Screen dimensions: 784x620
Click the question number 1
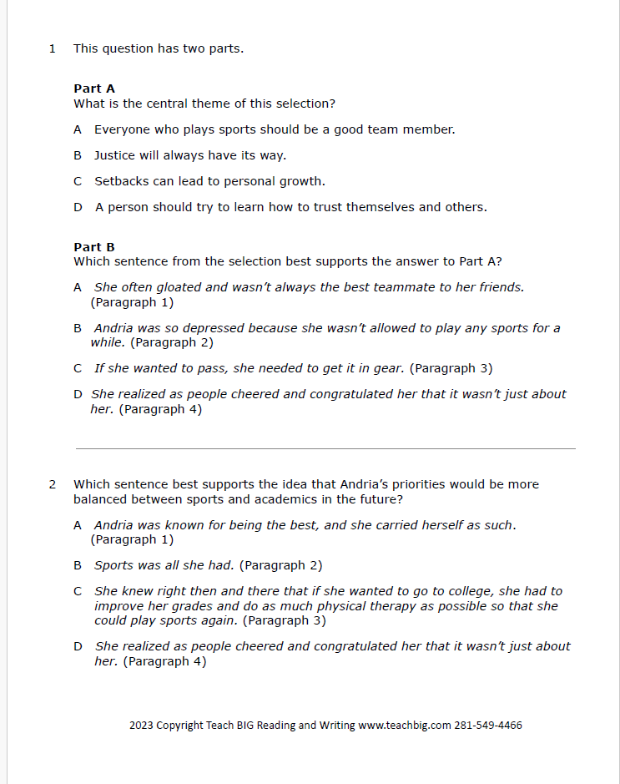53,48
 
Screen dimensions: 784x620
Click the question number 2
53,484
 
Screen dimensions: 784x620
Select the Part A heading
94,89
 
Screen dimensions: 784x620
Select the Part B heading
94,247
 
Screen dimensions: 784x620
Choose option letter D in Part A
78,207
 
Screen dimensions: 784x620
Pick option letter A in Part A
78,129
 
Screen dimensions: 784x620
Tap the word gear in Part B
391,368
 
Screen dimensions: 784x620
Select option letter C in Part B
78,368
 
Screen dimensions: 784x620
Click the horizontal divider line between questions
325,448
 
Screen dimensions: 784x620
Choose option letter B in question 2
78,565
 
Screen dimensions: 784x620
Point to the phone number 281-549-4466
488,725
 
